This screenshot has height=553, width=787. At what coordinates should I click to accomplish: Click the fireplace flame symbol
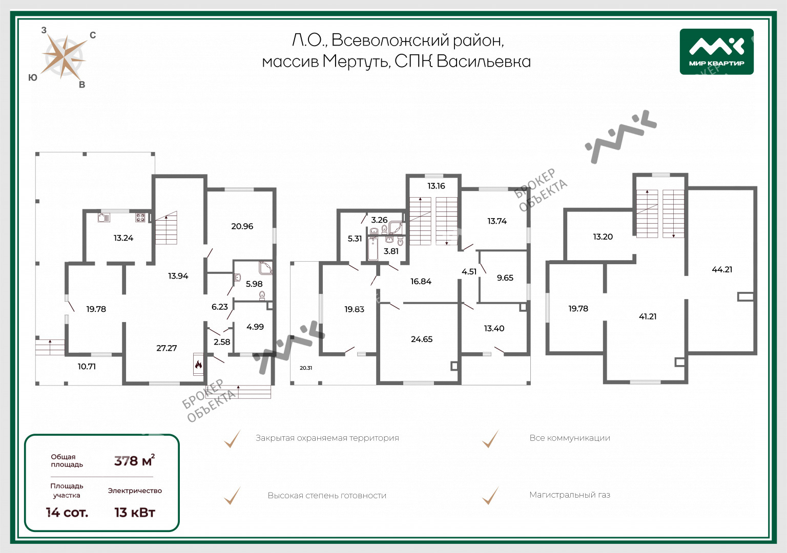[x=198, y=365]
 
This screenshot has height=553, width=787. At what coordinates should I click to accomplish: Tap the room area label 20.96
[x=242, y=226]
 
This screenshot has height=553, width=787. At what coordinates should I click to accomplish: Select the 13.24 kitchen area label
[x=123, y=238]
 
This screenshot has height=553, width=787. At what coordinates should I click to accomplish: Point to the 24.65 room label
[x=422, y=339]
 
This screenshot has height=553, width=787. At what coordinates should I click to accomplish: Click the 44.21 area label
[x=722, y=270]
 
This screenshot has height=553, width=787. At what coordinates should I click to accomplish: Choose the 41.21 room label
[x=648, y=317]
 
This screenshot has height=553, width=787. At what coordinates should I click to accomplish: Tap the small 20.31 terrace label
[x=306, y=368]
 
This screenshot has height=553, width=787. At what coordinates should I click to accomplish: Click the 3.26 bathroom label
[x=379, y=220]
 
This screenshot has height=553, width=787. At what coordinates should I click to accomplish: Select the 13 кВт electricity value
[x=135, y=513]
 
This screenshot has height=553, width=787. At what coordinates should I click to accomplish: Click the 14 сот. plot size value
[x=67, y=513]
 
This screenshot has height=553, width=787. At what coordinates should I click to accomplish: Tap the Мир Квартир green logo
[x=717, y=52]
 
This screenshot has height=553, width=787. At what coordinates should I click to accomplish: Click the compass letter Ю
[x=33, y=78]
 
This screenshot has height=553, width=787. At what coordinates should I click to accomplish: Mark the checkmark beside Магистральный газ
[x=490, y=496]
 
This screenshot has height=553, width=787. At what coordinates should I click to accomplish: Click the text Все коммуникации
[x=570, y=438]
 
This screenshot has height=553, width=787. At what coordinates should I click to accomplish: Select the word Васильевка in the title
[x=484, y=62]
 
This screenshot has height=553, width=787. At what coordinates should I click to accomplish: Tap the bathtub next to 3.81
[x=373, y=248]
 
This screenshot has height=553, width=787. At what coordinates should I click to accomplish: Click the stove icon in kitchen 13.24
[x=140, y=218]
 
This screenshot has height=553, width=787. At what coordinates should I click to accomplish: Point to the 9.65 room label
[x=505, y=278]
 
